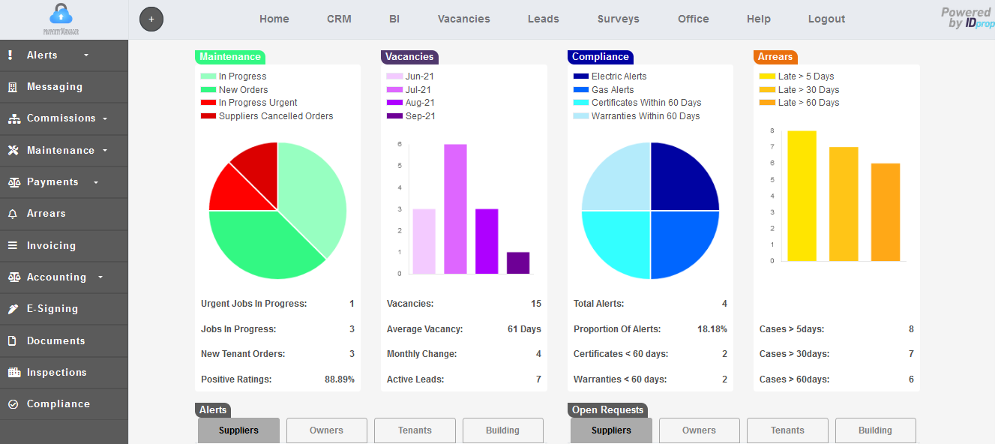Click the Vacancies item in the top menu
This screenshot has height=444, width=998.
tap(463, 19)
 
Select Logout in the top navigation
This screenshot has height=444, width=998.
tap(826, 19)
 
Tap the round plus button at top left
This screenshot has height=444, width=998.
tap(151, 19)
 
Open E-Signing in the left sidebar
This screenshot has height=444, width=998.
tap(52, 309)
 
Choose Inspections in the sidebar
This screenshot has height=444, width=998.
tap(56, 373)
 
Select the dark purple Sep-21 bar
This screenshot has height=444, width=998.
tap(518, 263)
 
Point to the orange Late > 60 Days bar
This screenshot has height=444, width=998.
tap(886, 212)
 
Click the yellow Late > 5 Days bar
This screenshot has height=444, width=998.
tap(802, 196)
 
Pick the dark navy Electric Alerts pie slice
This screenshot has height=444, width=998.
tap(682, 178)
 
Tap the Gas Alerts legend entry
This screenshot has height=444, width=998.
tap(612, 90)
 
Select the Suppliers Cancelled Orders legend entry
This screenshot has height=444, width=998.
tap(275, 116)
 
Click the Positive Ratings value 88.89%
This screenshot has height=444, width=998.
tap(339, 379)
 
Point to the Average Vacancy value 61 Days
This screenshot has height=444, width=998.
tap(524, 329)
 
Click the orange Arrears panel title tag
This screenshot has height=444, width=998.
tap(775, 57)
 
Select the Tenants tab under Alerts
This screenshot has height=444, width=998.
tap(415, 430)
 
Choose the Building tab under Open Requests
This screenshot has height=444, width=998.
tap(875, 430)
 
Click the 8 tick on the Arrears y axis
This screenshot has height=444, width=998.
tap(772, 130)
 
